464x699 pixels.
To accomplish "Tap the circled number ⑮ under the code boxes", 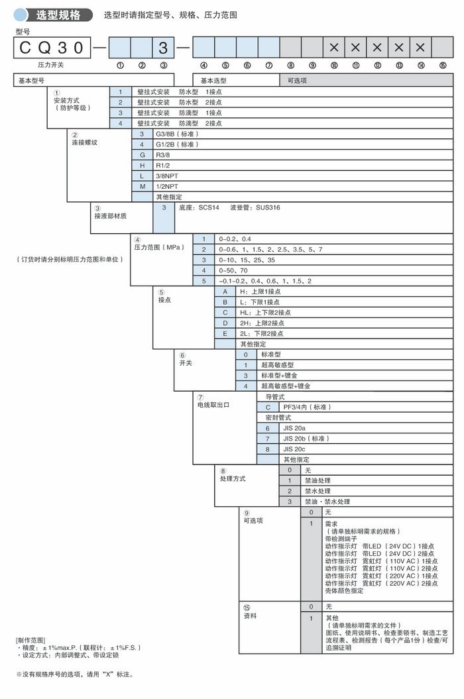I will point(442,66).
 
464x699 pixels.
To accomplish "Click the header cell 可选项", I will point(297,80).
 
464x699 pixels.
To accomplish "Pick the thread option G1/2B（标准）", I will point(176,144).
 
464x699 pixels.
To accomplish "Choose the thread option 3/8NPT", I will point(168,176).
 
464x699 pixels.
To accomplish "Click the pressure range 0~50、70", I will point(235,271).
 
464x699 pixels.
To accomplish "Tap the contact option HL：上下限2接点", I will point(264,313).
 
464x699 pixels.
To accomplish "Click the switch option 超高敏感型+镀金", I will point(286,386).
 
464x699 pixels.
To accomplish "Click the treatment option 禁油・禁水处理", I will point(327,502).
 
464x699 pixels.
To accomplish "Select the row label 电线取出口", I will point(213,404).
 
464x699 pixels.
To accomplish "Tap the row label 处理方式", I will point(233,478).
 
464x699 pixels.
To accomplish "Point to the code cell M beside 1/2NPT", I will point(142,187).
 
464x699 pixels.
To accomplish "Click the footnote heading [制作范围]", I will point(30,640).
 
